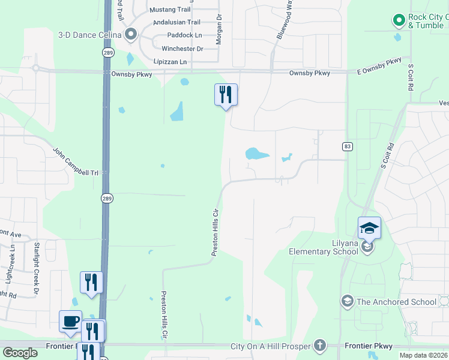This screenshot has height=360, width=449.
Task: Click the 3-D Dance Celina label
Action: click(x=89, y=35)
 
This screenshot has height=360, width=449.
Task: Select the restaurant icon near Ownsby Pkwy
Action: click(x=226, y=95)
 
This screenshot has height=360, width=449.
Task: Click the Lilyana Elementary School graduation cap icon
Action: click(x=369, y=227)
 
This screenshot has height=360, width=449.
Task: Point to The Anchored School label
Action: click(x=397, y=302)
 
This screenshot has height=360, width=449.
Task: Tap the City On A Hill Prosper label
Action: click(x=270, y=346)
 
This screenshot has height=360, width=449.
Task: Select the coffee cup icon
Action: click(x=70, y=321)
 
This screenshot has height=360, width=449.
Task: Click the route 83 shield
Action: click(x=347, y=146)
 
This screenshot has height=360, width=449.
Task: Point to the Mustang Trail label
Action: click(x=170, y=10)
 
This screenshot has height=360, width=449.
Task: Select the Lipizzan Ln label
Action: click(x=170, y=62)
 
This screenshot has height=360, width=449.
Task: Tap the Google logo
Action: click(x=20, y=353)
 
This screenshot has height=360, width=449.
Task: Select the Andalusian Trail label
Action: click(x=176, y=22)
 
